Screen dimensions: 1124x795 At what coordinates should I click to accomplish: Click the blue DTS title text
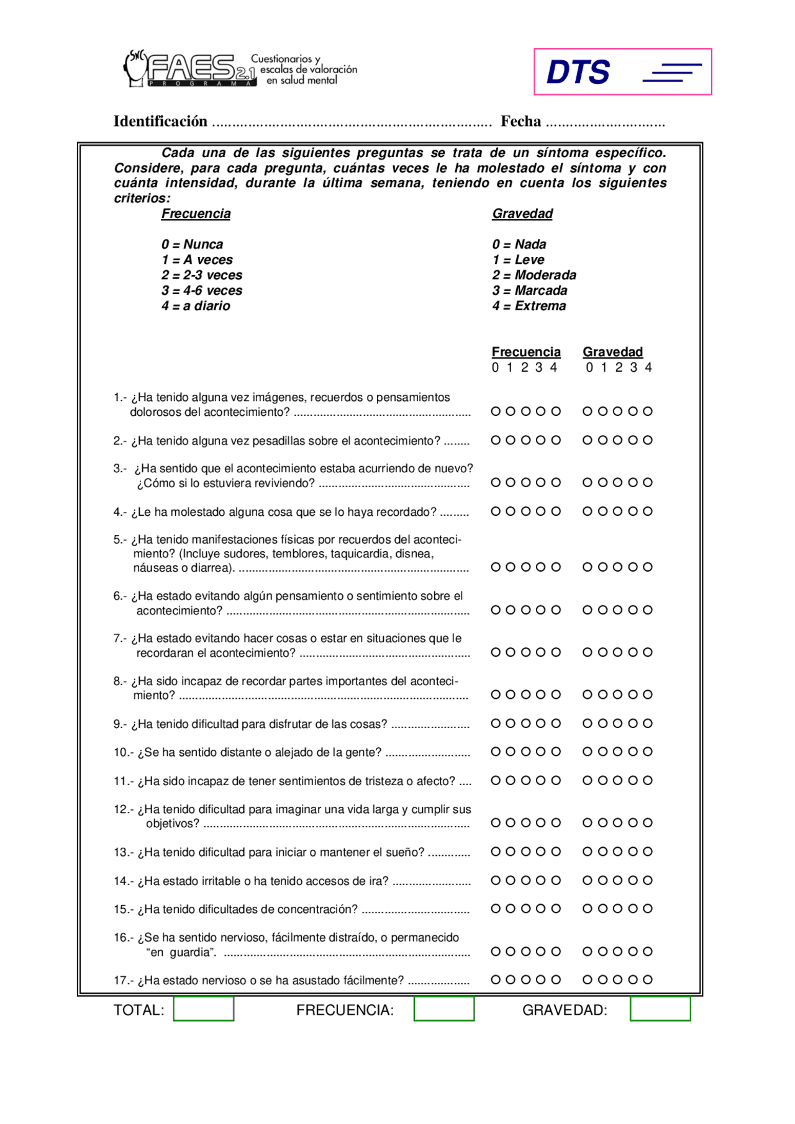(578, 72)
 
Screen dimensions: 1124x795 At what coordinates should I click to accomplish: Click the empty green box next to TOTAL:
(204, 1009)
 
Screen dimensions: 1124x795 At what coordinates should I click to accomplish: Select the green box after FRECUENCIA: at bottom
(443, 1009)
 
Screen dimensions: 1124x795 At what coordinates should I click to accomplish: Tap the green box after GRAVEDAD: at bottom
(660, 1009)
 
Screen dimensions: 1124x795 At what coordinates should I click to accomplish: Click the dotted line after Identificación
(352, 123)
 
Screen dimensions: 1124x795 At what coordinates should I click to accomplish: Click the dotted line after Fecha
(605, 123)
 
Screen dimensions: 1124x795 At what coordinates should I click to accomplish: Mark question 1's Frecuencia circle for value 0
(496, 411)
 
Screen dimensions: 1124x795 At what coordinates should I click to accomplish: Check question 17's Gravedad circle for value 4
(648, 979)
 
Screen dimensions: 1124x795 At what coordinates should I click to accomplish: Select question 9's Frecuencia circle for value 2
(526, 723)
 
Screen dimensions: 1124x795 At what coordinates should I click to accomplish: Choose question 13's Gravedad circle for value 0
(587, 852)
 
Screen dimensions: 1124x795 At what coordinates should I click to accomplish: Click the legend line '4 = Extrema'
(529, 306)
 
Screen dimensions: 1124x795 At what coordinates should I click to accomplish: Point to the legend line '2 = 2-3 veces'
(202, 275)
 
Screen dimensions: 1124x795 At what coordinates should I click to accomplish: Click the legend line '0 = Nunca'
(192, 245)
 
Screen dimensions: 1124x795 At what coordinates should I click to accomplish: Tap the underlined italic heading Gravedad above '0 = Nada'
(522, 214)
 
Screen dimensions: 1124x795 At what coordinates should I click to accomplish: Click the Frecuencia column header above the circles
(526, 352)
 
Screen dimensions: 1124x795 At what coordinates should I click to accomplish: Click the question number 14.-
(123, 881)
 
